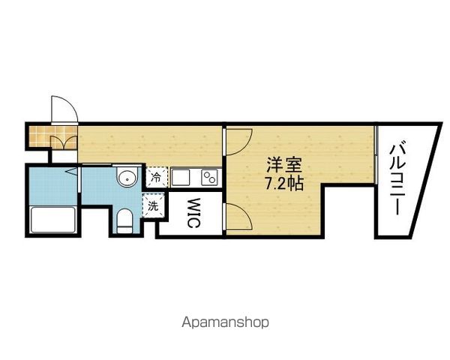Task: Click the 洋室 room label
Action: (283, 165)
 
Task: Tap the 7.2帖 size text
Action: (283, 183)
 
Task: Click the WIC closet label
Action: (193, 213)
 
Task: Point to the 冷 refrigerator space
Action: (157, 177)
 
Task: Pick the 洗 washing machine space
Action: (153, 205)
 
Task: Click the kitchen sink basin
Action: (181, 177)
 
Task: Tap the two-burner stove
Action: (210, 177)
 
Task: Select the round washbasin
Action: (127, 178)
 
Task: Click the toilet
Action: (124, 220)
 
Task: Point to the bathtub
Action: (52, 220)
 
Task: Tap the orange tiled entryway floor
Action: (52, 135)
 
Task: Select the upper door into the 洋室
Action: (239, 142)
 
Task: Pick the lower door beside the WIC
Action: (239, 216)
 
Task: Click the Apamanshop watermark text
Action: (226, 322)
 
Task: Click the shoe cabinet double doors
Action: (64, 142)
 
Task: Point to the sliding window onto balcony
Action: (376, 154)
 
